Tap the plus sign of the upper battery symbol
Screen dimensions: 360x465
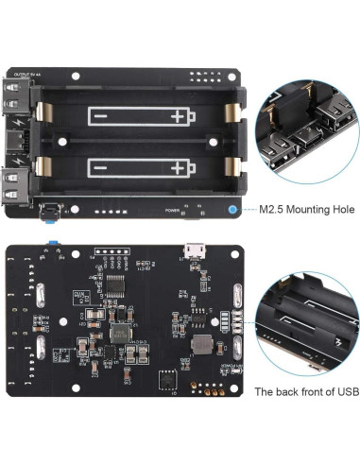point(179,116)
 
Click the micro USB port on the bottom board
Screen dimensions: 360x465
point(195,250)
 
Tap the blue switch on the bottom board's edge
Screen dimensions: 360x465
point(52,247)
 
